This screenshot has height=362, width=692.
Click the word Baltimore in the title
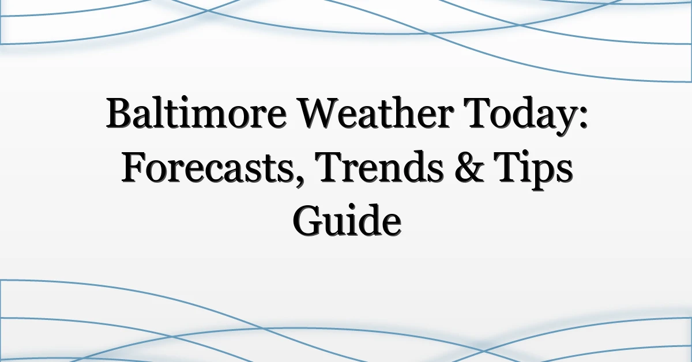(196, 112)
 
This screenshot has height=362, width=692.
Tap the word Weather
(375, 112)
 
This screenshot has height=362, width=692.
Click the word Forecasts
(206, 167)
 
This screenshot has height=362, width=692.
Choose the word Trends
(380, 167)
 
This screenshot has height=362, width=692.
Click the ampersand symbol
(469, 167)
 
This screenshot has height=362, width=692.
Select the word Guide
(347, 220)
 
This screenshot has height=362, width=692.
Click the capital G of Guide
(307, 221)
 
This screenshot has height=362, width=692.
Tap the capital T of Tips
(507, 167)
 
